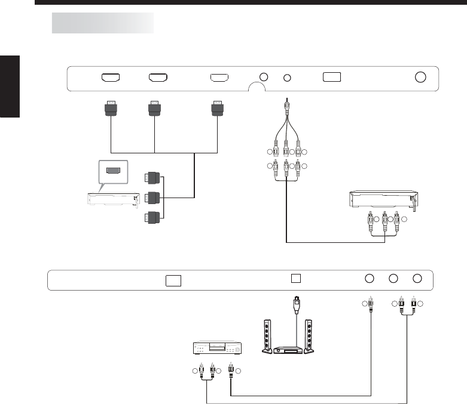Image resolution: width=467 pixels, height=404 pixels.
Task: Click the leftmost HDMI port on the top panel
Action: [111, 78]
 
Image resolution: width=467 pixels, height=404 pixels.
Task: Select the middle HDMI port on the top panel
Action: [158, 78]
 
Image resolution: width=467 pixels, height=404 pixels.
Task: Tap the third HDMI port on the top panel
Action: [219, 78]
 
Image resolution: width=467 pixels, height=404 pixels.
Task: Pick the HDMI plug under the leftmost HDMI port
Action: [111, 108]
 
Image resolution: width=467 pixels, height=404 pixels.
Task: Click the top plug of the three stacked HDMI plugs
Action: [152, 177]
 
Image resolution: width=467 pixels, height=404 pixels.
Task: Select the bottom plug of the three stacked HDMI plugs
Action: [152, 217]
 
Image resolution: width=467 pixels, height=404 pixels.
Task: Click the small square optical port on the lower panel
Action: [295, 278]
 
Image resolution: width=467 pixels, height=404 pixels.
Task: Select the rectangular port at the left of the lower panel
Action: [173, 280]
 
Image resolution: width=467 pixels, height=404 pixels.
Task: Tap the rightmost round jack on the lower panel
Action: [417, 278]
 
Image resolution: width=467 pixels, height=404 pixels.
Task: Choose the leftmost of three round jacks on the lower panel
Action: [370, 278]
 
